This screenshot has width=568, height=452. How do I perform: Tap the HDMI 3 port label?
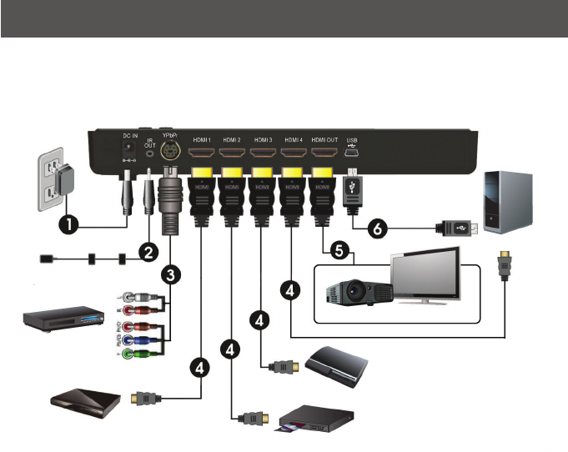tap(264, 138)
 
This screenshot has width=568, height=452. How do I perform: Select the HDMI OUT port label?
tap(324, 138)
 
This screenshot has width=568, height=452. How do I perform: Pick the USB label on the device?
tap(351, 139)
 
